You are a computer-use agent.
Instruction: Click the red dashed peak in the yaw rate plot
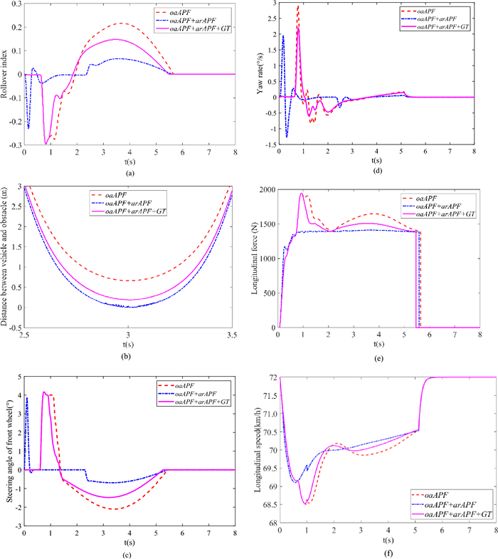(298, 6)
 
